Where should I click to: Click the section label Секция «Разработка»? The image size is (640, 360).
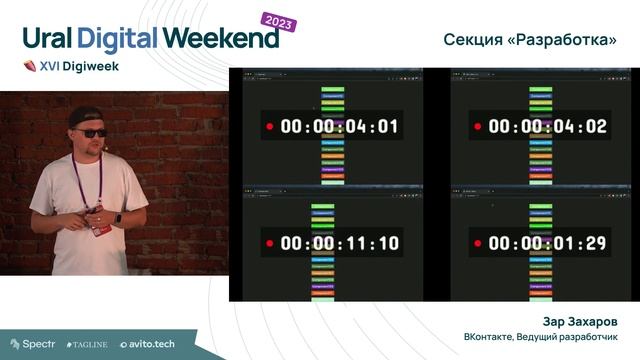pyautogui.click(x=530, y=39)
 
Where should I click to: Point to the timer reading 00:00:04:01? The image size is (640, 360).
pyautogui.click(x=340, y=127)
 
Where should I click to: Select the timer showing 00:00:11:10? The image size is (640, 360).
pyautogui.click(x=340, y=243)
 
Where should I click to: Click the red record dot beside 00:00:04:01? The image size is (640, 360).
pyautogui.click(x=269, y=127)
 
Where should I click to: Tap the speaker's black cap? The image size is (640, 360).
pyautogui.click(x=86, y=117)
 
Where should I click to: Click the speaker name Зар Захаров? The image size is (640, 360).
pyautogui.click(x=579, y=322)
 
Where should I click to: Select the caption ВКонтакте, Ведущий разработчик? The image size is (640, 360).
pyautogui.click(x=539, y=337)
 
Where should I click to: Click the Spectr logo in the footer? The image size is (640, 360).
pyautogui.click(x=32, y=344)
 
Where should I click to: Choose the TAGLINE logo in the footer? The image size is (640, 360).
pyautogui.click(x=87, y=344)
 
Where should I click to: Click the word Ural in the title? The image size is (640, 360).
pyautogui.click(x=44, y=38)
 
